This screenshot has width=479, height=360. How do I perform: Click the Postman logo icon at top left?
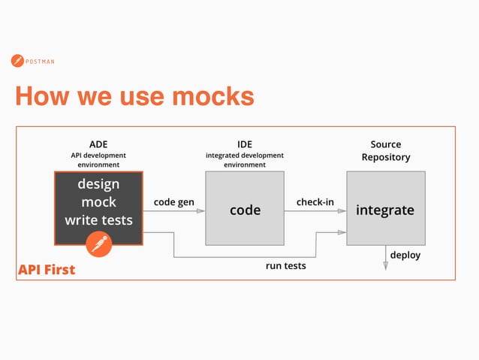[17, 61]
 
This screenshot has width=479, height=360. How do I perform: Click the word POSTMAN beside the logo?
[40, 62]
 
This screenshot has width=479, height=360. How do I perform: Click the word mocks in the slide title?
[212, 96]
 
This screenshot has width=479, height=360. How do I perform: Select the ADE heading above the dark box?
[98, 144]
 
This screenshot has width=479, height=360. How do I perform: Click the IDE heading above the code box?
[245, 144]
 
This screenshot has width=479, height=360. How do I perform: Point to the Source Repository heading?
[386, 150]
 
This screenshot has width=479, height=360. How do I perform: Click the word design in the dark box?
[98, 184]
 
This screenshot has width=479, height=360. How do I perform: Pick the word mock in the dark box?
[98, 202]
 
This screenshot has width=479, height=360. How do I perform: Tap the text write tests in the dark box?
[98, 220]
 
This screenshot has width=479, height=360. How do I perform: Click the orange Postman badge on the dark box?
[98, 244]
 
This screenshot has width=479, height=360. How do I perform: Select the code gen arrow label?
[173, 202]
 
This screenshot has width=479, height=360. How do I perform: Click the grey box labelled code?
[245, 210]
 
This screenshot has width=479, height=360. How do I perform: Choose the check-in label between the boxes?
[315, 202]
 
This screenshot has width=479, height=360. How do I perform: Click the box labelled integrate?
[385, 210]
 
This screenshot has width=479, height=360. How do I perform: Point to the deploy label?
[405, 256]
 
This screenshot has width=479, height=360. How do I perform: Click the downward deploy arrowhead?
[386, 265]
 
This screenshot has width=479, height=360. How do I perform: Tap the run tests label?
[286, 266]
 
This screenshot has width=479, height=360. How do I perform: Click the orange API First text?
[47, 269]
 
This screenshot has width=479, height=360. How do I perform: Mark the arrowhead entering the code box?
[200, 211]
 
